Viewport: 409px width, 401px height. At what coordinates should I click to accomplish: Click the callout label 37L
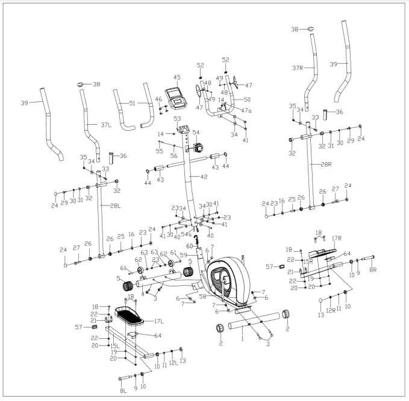pyautogui.click(x=106, y=125)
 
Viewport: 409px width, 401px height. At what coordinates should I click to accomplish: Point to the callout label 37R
pyautogui.click(x=298, y=68)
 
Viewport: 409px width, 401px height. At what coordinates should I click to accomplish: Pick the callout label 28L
pyautogui.click(x=116, y=206)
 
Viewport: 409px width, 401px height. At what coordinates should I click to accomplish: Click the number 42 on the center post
pyautogui.click(x=204, y=177)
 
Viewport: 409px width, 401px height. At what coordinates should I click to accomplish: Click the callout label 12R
pyautogui.click(x=330, y=310)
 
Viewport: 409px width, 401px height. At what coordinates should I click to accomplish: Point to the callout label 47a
pyautogui.click(x=246, y=111)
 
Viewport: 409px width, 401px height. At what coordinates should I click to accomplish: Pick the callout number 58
pyautogui.click(x=203, y=297)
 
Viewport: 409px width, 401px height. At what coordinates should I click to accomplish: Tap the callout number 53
pyautogui.click(x=177, y=119)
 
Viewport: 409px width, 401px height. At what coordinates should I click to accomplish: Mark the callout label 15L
pyautogui.click(x=114, y=346)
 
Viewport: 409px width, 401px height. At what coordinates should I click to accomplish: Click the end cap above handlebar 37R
pyautogui.click(x=311, y=28)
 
